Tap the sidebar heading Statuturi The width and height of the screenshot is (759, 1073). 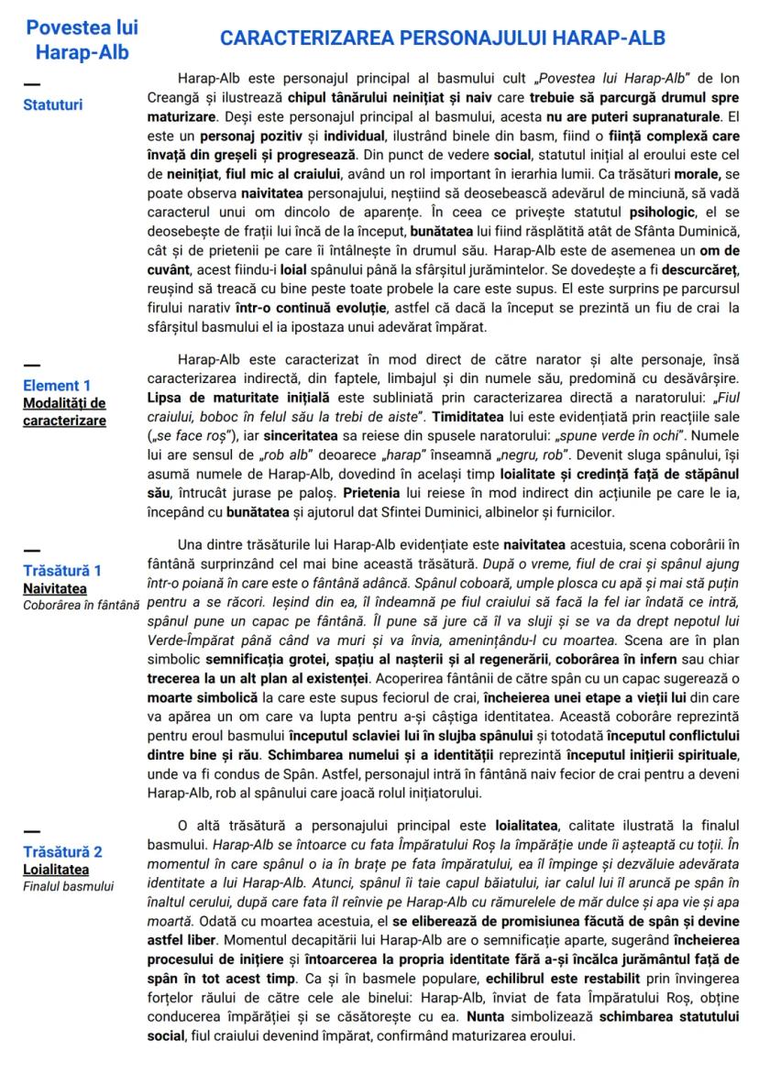point(52,104)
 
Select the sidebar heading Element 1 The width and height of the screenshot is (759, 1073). point(57,385)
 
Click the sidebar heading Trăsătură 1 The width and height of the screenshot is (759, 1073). point(62,570)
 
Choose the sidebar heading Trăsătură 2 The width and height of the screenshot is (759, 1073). point(62,851)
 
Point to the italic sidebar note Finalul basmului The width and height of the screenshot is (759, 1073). point(69,886)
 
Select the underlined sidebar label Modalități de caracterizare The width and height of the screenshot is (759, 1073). point(64,411)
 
